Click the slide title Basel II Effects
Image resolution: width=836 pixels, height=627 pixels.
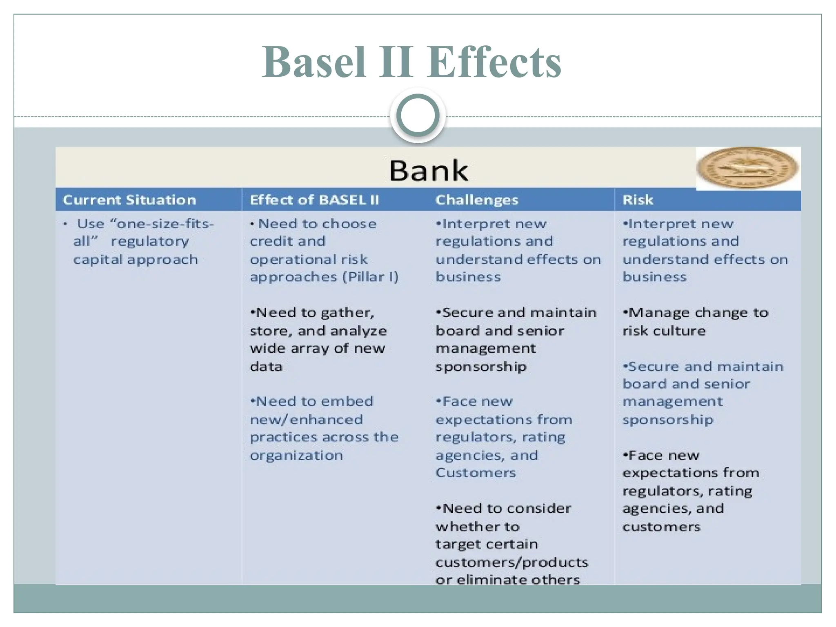point(411,62)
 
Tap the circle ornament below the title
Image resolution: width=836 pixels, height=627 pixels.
point(418,116)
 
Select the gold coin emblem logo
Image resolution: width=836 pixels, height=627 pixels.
point(747,168)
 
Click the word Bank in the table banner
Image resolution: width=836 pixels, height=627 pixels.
point(429,170)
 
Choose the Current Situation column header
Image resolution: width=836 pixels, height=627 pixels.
point(129,200)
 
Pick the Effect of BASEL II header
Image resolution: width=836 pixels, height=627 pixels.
point(314,200)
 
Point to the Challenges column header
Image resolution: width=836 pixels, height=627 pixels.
point(477,200)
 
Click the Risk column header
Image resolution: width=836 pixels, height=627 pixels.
point(638,200)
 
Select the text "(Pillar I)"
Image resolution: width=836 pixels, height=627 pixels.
point(370,277)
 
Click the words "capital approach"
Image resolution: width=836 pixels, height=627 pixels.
point(136,259)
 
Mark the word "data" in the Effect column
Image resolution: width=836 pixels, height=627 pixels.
point(266,367)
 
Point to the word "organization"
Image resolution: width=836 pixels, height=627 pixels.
point(296,455)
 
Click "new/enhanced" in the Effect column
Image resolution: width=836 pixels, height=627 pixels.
point(306,420)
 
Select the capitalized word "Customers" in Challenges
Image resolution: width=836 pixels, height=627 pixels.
point(476,473)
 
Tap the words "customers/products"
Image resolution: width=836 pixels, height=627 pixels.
point(512,563)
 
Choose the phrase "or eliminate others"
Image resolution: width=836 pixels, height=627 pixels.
point(508,580)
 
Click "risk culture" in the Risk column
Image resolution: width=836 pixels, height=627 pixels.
point(664,331)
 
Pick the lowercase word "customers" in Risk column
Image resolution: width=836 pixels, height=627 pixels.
point(661,527)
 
